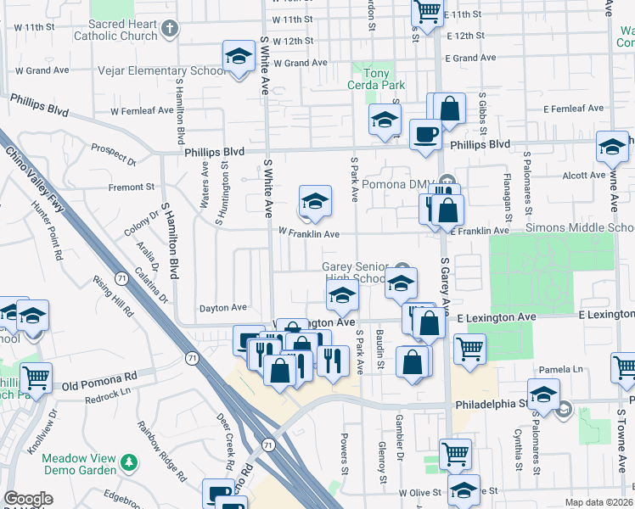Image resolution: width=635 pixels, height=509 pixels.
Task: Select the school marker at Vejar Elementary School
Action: [x=239, y=58]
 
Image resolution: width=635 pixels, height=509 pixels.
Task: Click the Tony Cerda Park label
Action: [x=376, y=80]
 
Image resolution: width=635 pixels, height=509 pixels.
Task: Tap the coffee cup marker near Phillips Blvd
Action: [x=425, y=133]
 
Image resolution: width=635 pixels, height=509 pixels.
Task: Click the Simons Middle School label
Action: [x=580, y=228]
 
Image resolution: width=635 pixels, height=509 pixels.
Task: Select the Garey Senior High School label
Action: [x=355, y=272]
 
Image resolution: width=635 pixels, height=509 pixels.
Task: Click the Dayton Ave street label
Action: [x=222, y=308]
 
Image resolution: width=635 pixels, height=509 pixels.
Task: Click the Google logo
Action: [x=28, y=499]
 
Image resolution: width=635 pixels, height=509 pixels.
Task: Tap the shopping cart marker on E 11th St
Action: [x=428, y=12]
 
